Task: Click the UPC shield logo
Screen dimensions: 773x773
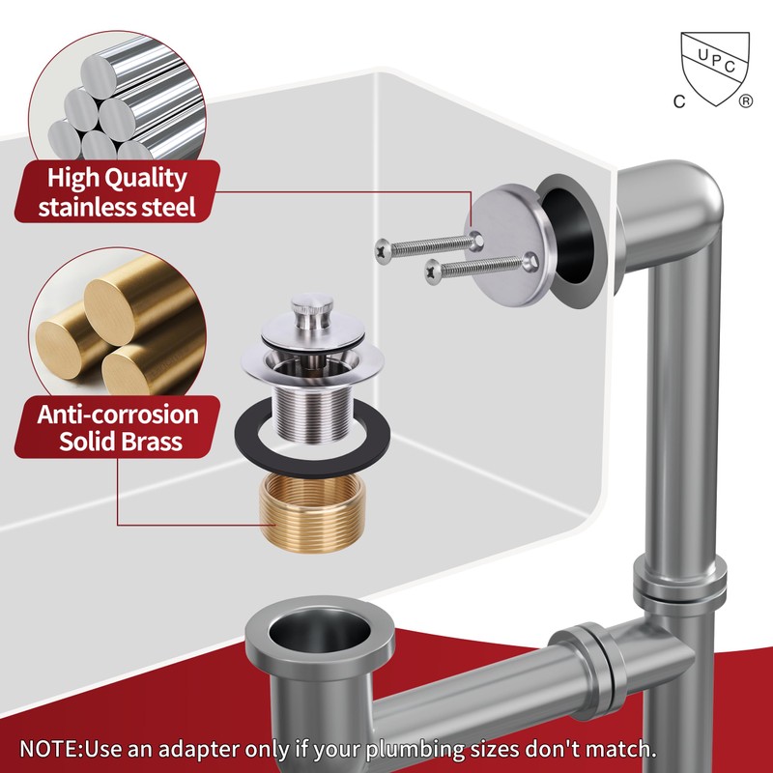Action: click(x=715, y=68)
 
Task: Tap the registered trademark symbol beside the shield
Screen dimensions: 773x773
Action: click(x=746, y=101)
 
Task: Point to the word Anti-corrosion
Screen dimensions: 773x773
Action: click(x=118, y=415)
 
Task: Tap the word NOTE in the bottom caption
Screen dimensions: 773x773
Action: click(x=47, y=748)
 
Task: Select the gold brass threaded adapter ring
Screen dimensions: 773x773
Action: click(x=312, y=513)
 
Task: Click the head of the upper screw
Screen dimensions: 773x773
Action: click(x=384, y=250)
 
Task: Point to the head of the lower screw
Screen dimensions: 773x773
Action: click(x=433, y=272)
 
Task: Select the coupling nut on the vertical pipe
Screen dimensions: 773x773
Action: click(x=680, y=586)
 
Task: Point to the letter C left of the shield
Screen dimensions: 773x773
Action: click(x=679, y=101)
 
